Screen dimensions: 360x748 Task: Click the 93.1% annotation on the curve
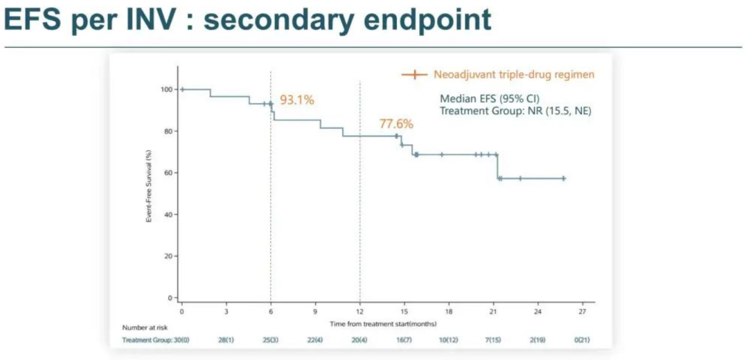click(296, 100)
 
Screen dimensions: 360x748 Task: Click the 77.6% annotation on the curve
click(396, 124)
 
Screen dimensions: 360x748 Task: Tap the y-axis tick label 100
click(166, 89)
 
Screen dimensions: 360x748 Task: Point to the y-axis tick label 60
click(168, 172)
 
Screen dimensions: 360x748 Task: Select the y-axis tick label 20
click(168, 256)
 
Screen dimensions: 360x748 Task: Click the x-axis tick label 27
click(582, 312)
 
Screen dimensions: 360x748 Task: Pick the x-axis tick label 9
click(315, 312)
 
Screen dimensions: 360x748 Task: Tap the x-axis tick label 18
click(449, 312)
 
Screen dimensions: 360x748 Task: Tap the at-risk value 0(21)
click(582, 340)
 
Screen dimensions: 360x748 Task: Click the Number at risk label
click(142, 327)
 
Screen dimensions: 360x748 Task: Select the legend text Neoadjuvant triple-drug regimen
click(513, 75)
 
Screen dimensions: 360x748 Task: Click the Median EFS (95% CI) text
click(490, 98)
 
